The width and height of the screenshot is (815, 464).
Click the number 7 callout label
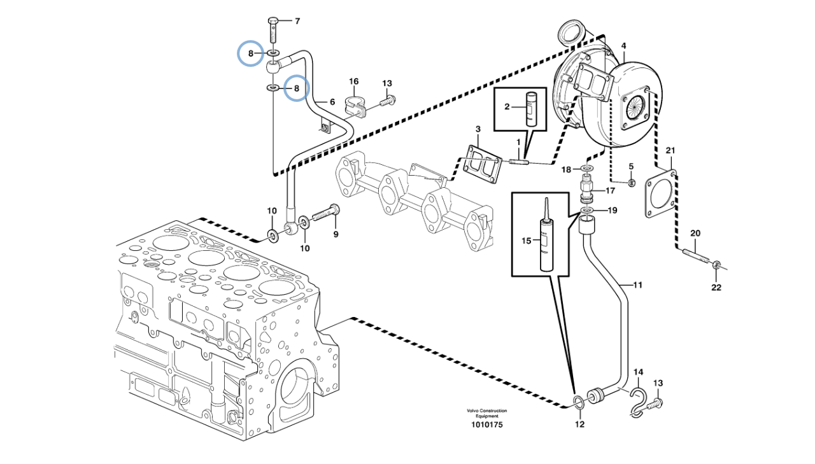click(297, 22)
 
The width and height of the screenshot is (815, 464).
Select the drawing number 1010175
click(487, 425)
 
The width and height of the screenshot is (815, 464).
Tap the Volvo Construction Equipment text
click(487, 413)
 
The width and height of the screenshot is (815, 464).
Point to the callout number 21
click(670, 151)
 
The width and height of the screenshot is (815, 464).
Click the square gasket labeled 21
click(661, 194)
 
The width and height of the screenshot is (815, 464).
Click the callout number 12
click(579, 424)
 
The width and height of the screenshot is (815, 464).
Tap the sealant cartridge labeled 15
click(546, 240)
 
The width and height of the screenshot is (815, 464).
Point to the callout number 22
click(716, 288)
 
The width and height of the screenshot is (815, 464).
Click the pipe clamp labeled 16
click(353, 105)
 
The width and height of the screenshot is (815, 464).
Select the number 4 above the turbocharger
click(623, 46)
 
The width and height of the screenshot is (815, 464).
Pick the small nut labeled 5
click(632, 182)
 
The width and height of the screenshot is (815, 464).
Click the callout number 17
click(610, 190)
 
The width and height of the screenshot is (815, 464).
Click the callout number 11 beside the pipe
click(637, 285)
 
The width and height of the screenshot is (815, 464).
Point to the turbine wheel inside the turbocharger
click(635, 108)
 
